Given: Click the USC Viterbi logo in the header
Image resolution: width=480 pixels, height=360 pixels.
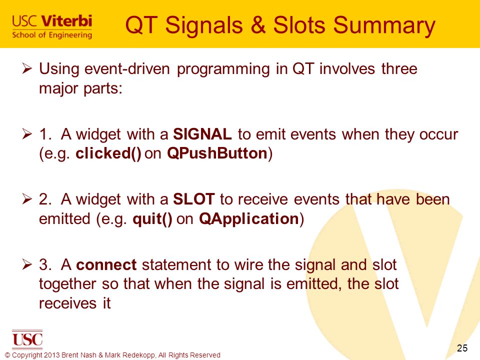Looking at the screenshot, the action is click(52, 26).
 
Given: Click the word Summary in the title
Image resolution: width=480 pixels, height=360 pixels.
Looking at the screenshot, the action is click(384, 25).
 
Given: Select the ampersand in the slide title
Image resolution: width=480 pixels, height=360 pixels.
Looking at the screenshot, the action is click(258, 24).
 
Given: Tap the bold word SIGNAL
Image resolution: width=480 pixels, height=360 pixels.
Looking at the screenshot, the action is click(202, 134).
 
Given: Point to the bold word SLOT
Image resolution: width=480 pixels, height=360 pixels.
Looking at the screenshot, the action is click(194, 199).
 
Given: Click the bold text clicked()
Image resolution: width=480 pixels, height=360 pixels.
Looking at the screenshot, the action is click(108, 153).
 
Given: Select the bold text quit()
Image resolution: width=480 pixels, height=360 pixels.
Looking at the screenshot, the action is click(152, 219).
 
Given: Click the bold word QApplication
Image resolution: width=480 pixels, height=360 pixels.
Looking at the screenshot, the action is click(249, 219).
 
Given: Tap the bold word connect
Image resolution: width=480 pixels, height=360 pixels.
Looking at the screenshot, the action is click(106, 265).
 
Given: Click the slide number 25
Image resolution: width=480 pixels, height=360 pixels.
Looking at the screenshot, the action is click(462, 348).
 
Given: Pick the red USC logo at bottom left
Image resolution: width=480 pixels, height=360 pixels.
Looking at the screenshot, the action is click(27, 339).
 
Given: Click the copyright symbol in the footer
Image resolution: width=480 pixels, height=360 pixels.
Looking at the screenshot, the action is click(7, 355).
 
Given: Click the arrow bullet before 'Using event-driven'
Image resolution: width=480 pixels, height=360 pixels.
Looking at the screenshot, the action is click(27, 68).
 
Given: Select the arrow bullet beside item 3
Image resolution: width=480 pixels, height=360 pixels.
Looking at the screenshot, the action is click(27, 264).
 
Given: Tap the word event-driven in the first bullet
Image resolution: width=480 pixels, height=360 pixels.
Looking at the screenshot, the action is click(127, 68).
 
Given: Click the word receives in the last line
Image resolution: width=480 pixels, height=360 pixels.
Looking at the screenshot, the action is click(67, 303).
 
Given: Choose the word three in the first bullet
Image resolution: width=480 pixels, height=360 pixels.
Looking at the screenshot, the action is click(399, 68).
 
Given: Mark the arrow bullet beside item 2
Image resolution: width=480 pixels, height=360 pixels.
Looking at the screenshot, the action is click(27, 199).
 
